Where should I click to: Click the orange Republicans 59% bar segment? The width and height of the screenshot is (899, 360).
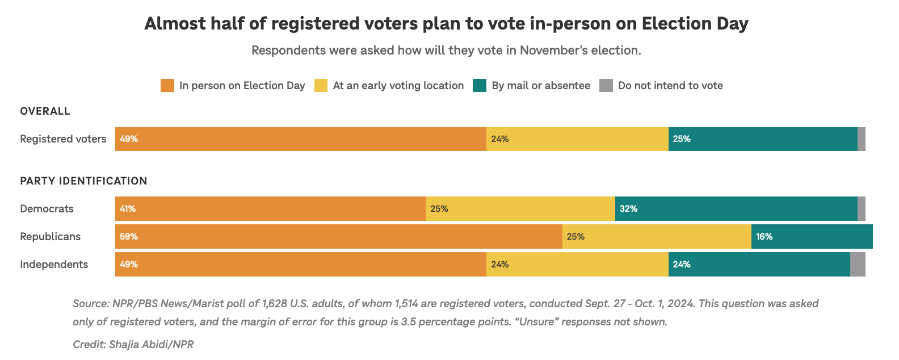pos(338,236)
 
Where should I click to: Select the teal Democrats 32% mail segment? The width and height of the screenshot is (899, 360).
pos(736,208)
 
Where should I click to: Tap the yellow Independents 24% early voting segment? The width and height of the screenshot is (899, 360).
pos(577,264)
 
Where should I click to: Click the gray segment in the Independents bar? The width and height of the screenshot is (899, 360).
pos(857,264)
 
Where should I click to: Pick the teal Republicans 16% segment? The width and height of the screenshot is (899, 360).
pos(812,236)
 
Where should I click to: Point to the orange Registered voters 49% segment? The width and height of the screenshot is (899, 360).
pos(301,139)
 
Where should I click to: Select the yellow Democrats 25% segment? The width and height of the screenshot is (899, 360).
pos(520,208)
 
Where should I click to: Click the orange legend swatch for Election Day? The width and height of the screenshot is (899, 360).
pos(167,86)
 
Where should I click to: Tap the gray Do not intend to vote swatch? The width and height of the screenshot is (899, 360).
pos(606,86)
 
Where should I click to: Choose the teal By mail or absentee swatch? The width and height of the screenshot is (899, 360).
pos(480,86)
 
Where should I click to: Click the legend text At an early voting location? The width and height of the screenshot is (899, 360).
pos(398,86)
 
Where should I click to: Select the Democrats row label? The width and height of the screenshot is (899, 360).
pos(47,208)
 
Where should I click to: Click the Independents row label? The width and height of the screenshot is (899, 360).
pos(54,264)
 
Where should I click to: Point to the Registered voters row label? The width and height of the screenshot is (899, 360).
pos(63,139)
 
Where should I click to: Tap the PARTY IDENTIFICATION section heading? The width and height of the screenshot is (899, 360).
pos(83,181)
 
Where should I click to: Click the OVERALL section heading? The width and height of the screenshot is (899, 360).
pos(45,111)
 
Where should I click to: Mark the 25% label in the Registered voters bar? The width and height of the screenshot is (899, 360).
pos(681,139)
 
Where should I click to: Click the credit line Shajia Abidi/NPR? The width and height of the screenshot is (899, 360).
pos(133,344)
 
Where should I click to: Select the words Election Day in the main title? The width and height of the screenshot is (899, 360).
pos(695,23)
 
